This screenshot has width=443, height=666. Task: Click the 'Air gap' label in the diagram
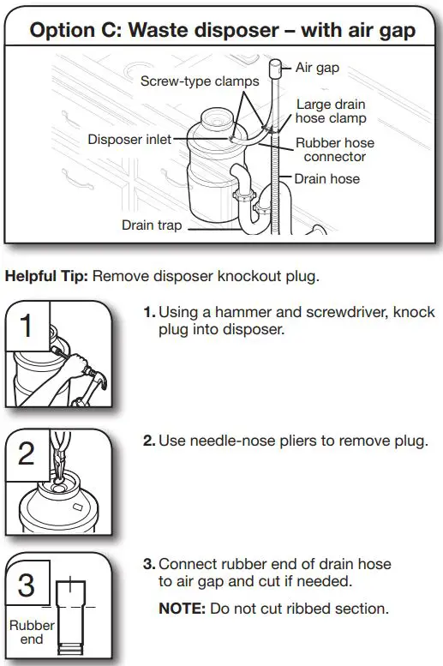tap(317, 68)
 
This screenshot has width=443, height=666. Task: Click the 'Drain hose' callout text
tap(326, 179)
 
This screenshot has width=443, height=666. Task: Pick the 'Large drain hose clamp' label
tap(332, 111)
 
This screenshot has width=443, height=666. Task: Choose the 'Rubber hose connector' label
tap(334, 150)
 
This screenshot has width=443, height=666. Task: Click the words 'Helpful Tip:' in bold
tap(46, 277)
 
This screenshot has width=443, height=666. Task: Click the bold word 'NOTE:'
tap(179, 609)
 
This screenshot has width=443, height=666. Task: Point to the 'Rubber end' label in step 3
tap(31, 632)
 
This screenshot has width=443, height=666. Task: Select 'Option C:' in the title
tap(66, 30)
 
